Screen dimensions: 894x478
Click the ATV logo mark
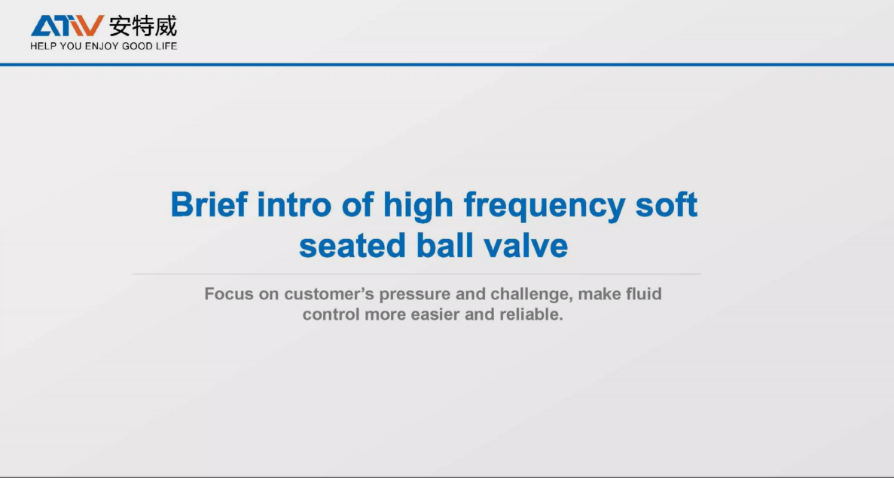(x=67, y=26)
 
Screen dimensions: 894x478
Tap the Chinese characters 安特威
(x=143, y=26)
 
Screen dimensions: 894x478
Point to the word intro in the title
(x=293, y=204)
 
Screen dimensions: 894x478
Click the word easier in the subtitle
(x=435, y=314)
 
